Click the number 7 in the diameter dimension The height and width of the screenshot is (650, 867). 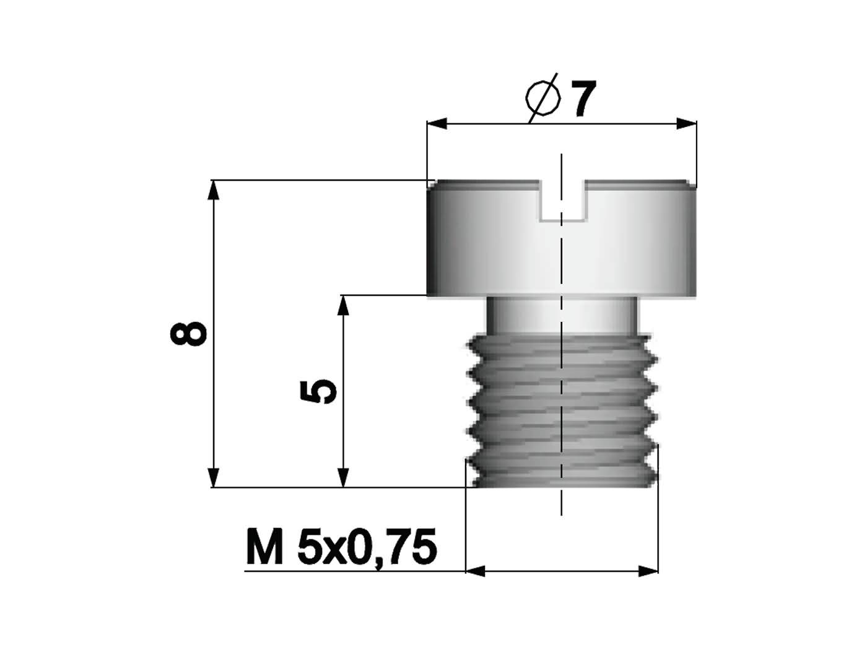583,99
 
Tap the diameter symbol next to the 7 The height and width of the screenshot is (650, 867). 542,99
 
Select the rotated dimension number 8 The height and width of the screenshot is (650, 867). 188,334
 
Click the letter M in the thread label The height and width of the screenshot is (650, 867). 264,547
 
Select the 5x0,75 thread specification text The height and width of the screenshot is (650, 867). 367,547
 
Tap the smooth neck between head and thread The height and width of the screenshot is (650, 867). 562,314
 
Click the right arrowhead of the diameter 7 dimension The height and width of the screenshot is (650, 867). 687,124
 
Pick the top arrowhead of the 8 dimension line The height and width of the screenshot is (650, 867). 214,189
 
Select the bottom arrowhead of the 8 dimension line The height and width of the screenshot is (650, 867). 214,479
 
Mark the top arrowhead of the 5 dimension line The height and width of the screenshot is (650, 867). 343,304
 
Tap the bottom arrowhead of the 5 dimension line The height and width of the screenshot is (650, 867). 343,479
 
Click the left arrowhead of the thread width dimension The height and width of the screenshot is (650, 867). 474,571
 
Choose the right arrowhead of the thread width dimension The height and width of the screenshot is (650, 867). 649,571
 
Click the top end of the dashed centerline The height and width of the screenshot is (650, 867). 562,155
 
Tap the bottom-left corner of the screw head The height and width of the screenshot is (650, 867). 428,294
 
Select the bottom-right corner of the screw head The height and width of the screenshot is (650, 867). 696,294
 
